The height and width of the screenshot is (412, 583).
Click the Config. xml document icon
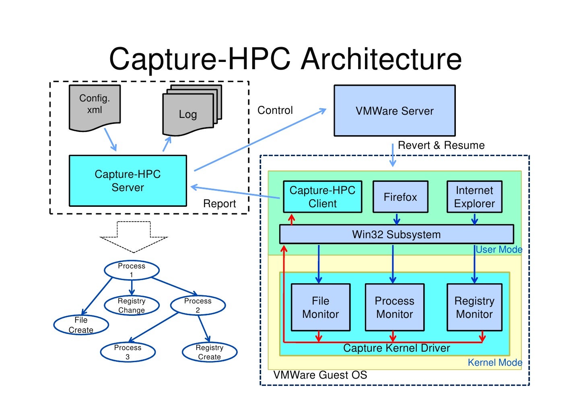(x=95, y=107)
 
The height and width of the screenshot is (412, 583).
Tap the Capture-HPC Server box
(x=128, y=181)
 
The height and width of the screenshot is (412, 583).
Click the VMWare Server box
(x=394, y=111)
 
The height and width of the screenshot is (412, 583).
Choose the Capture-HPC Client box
(x=322, y=197)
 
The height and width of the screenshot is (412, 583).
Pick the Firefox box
(x=400, y=197)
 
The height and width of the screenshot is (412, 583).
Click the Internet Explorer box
(x=474, y=197)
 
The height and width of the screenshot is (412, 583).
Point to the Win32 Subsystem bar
(x=396, y=234)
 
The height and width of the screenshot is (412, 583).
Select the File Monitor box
(x=320, y=307)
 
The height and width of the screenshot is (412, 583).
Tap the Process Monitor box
(x=394, y=307)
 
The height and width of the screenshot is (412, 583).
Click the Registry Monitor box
(x=474, y=307)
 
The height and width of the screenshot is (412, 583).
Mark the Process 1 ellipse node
(x=132, y=270)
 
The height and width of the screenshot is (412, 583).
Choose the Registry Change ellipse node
(x=132, y=305)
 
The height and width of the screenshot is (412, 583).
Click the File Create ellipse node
(x=81, y=325)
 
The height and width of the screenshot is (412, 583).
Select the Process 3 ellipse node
(x=128, y=352)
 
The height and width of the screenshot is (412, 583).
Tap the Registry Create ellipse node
(x=209, y=352)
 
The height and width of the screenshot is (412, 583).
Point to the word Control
(x=275, y=110)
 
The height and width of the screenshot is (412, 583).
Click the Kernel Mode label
(x=494, y=363)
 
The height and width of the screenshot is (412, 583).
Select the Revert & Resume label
(x=441, y=145)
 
